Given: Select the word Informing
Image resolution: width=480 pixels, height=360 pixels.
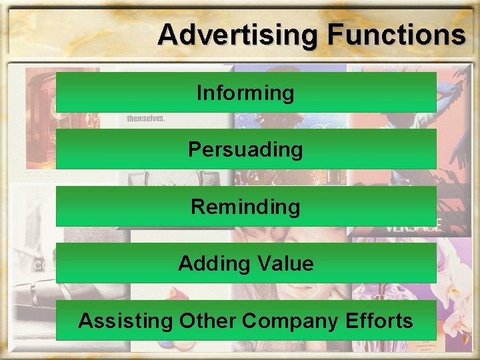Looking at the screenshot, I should pos(245,93).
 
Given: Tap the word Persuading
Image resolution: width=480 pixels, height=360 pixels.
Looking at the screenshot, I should pos(245,149).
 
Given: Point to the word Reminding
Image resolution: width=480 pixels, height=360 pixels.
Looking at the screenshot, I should pos(245,207).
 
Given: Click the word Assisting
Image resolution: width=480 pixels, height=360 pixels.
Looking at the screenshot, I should pos(125,321).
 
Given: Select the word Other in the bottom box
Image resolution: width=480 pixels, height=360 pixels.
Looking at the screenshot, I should pos(207,321).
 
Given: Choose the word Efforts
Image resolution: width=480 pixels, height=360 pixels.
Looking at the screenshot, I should pos(379,321).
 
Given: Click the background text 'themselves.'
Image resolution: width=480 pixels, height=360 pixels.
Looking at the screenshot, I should pos(145,118).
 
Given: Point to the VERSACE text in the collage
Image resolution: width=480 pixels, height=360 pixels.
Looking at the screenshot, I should pos(413,225).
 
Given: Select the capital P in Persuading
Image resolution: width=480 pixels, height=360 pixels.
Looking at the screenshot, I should pos(195,149).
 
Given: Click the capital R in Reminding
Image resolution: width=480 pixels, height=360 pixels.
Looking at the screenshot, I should pos(197,207).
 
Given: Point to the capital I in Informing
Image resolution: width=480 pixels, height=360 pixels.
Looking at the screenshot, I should pos(199,93).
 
